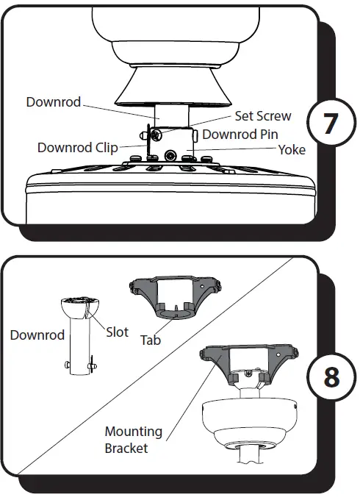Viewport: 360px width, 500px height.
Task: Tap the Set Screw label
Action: pos(262,116)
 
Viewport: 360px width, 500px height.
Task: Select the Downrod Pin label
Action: pos(240,134)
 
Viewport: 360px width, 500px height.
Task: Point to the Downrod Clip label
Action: pos(77,148)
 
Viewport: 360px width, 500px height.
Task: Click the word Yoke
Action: pos(292,149)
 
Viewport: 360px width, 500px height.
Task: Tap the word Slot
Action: pos(118,331)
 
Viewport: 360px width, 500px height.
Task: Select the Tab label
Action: pos(151,340)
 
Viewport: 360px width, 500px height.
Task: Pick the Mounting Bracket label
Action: pos(133,439)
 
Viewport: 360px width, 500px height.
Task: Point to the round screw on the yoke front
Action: pos(170,156)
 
